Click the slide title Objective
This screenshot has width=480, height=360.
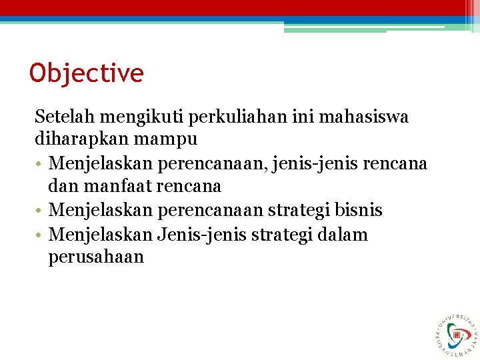point(87,73)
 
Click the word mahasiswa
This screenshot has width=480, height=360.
point(373,117)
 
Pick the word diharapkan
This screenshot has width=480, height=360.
point(77,139)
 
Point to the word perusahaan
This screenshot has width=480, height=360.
point(96,257)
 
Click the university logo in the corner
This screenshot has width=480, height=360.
point(457,333)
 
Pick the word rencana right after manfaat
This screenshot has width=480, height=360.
point(190,186)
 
